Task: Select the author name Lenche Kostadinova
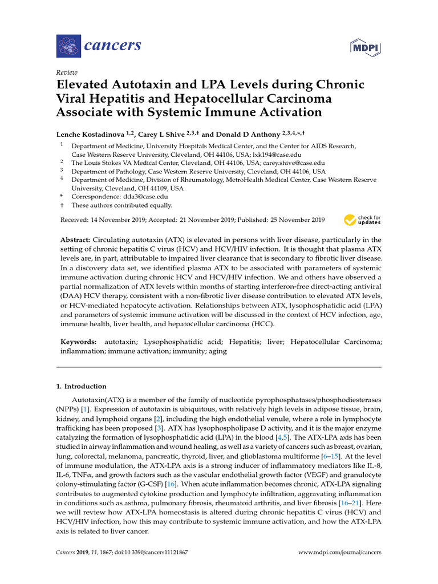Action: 95,134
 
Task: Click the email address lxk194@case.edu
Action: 277,155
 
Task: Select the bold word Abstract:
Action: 75,240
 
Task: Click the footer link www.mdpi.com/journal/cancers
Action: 340,552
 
